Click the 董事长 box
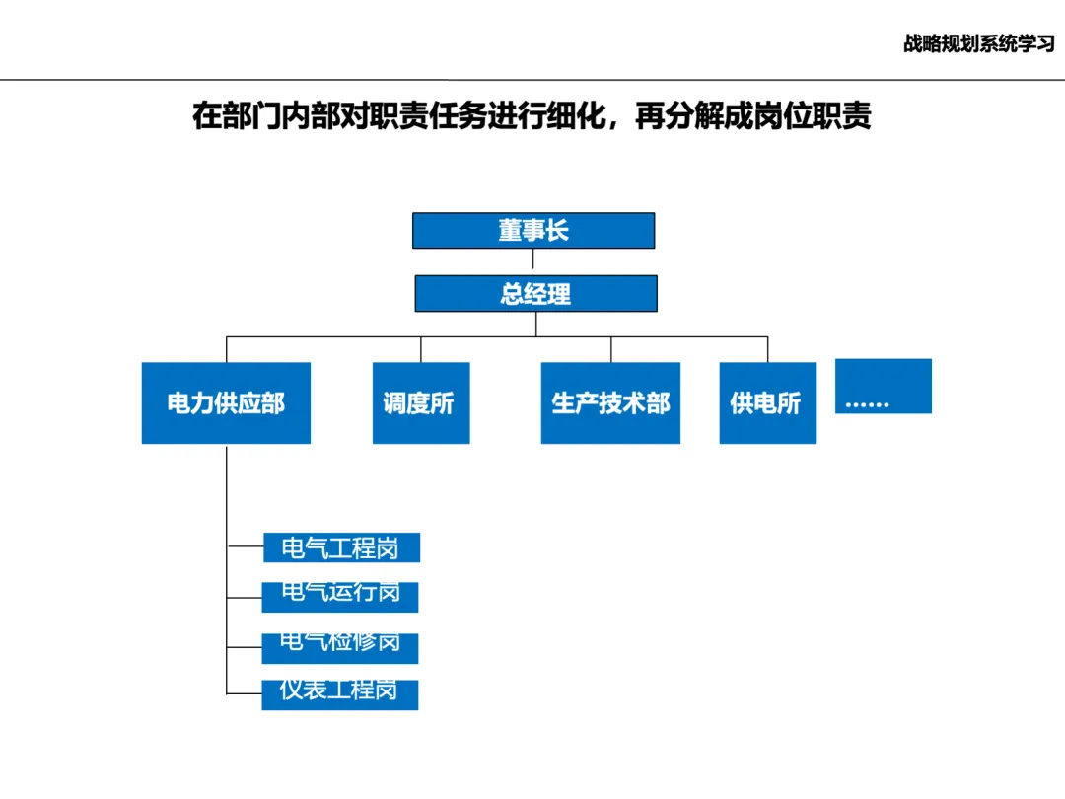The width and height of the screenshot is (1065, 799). pyautogui.click(x=533, y=231)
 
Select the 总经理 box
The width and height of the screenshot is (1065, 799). pyautogui.click(x=535, y=294)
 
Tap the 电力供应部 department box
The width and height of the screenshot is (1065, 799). pyautogui.click(x=226, y=402)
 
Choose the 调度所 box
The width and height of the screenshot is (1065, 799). pyautogui.click(x=420, y=402)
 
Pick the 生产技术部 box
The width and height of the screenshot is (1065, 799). pyautogui.click(x=610, y=402)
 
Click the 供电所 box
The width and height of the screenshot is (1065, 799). pyautogui.click(x=767, y=402)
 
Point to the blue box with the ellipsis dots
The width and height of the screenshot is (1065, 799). pyautogui.click(x=883, y=387)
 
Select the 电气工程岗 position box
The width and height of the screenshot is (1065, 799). pyautogui.click(x=341, y=547)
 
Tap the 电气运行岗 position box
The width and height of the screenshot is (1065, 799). pyautogui.click(x=340, y=597)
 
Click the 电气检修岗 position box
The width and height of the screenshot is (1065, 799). pyautogui.click(x=340, y=648)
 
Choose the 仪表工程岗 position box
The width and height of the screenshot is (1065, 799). pyautogui.click(x=340, y=694)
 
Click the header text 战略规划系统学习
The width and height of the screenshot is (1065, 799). pyautogui.click(x=978, y=44)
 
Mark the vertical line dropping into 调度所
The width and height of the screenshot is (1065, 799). pyautogui.click(x=421, y=349)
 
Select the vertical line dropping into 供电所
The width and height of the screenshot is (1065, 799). pyautogui.click(x=767, y=349)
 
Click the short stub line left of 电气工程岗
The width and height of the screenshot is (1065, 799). pyautogui.click(x=245, y=545)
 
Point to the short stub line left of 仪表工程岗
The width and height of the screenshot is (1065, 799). pyautogui.click(x=244, y=693)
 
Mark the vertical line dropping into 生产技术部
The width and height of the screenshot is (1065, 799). pyautogui.click(x=610, y=349)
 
